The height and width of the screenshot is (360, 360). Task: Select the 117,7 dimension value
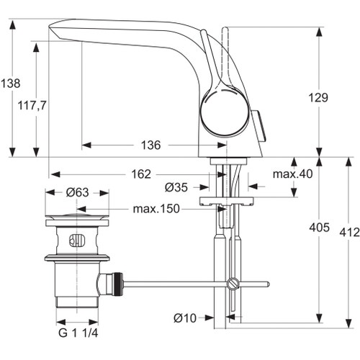(x=32, y=105)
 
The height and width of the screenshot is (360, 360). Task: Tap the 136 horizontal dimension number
(x=150, y=145)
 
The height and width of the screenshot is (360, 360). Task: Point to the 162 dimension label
(x=141, y=174)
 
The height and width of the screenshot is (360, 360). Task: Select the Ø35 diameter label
(x=176, y=188)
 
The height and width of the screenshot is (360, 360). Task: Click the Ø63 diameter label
(x=76, y=192)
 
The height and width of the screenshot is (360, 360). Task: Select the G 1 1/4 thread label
(x=78, y=333)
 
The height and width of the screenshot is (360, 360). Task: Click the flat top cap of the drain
(x=77, y=215)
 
